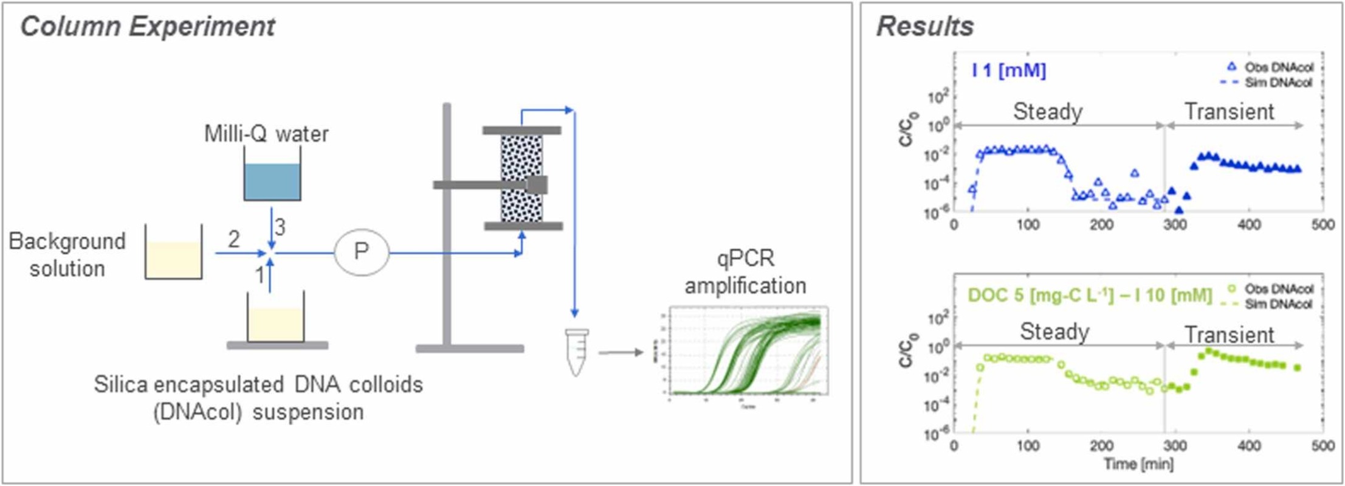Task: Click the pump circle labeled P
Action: pyautogui.click(x=361, y=252)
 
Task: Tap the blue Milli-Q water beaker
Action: pyautogui.click(x=272, y=181)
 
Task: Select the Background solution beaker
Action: pyautogui.click(x=173, y=259)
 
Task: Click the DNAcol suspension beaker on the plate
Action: pyautogui.click(x=275, y=323)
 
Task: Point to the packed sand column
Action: pyautogui.click(x=521, y=178)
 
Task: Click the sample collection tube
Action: pyautogui.click(x=576, y=352)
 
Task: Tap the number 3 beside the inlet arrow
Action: pyautogui.click(x=280, y=227)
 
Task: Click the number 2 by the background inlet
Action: pyautogui.click(x=234, y=239)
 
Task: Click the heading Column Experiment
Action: pyautogui.click(x=148, y=27)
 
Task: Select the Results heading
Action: pyautogui.click(x=924, y=27)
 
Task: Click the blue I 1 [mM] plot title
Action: pyautogui.click(x=1008, y=71)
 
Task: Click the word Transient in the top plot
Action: pyautogui.click(x=1229, y=111)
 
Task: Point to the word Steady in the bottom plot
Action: pyautogui.click(x=1054, y=332)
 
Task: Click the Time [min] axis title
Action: pyautogui.click(x=1138, y=464)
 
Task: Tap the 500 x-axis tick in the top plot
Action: pyautogui.click(x=1323, y=225)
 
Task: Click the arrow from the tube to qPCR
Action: pyautogui.click(x=621, y=352)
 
